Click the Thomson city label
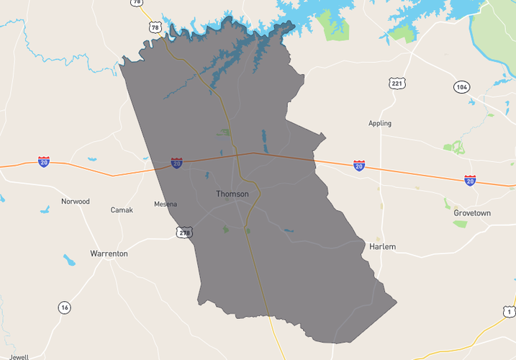[232, 194]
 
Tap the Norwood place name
[75, 202]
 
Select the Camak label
[122, 210]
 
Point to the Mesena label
[166, 204]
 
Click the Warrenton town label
[109, 253]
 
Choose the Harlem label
[382, 246]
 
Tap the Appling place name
[380, 123]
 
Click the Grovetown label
[472, 213]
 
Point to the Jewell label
[19, 356]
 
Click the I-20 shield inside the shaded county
[176, 163]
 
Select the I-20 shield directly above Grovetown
[470, 180]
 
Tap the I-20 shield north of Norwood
[44, 162]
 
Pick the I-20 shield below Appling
[359, 166]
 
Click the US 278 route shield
[185, 232]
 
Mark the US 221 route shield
[397, 84]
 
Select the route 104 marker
[462, 87]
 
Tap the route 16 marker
[65, 307]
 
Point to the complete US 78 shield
[155, 27]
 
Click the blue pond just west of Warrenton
[69, 260]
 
